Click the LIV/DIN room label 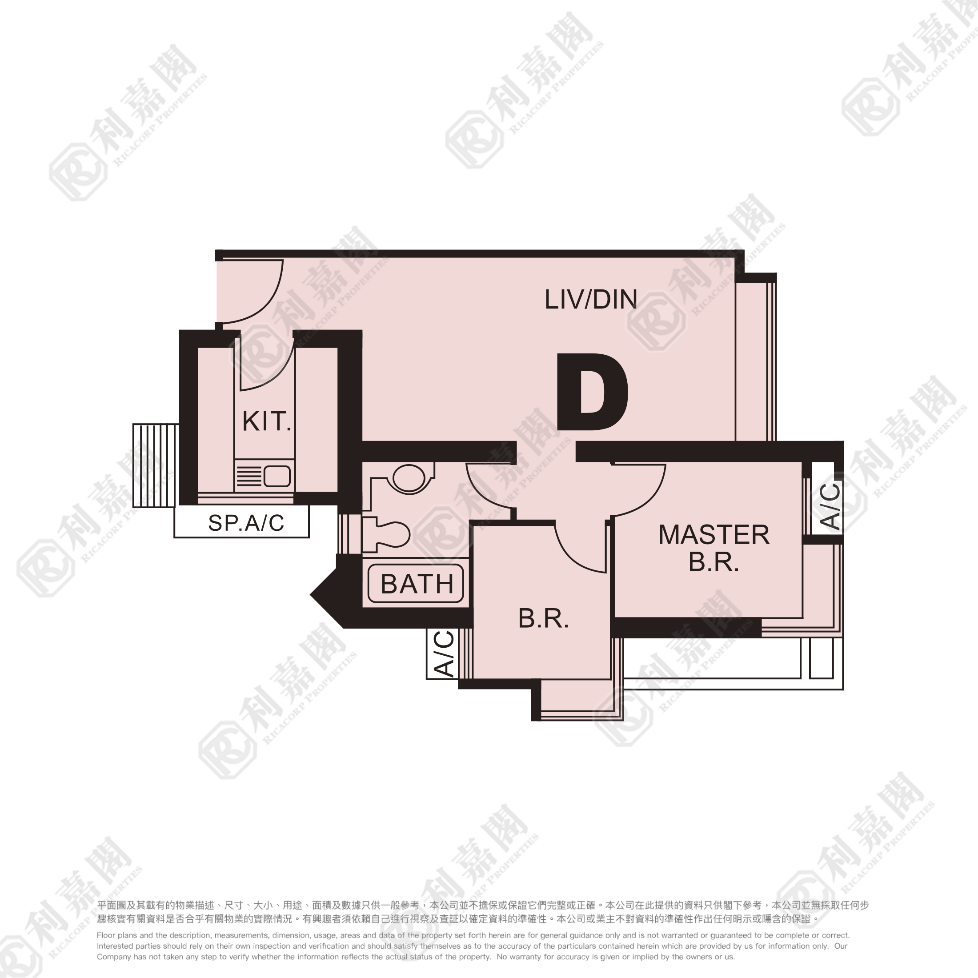[x=590, y=299]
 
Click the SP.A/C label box [x=241, y=522]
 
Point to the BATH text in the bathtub [x=417, y=584]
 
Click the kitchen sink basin [x=277, y=477]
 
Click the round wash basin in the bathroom [x=409, y=478]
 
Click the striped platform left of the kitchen [x=156, y=465]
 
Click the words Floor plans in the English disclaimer [x=116, y=935]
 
